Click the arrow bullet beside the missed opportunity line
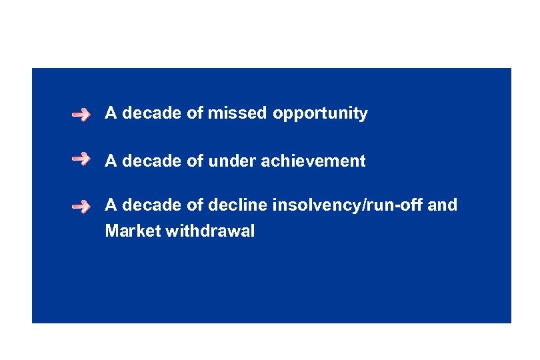[x=81, y=115]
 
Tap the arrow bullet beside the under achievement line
[x=81, y=159]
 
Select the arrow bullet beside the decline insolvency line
[x=81, y=207]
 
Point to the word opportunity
[x=320, y=114]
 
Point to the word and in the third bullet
[x=443, y=205]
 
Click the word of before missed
[x=195, y=113]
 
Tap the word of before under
[x=195, y=161]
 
